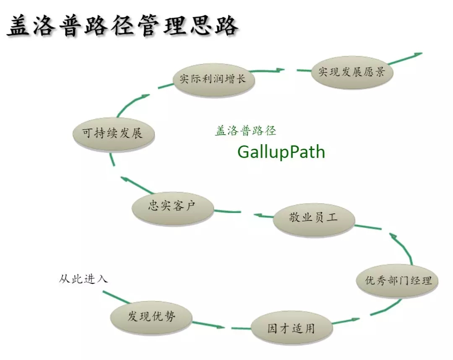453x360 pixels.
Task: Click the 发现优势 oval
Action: tap(151, 316)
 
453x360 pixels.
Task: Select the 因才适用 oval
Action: tap(291, 328)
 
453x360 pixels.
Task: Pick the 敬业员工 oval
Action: tap(314, 218)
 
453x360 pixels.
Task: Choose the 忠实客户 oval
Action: tap(172, 206)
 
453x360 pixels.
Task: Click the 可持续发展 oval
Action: tap(112, 133)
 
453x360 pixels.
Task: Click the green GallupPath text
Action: tap(281, 152)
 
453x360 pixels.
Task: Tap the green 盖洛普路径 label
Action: tap(245, 131)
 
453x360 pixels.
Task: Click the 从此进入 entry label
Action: tap(83, 279)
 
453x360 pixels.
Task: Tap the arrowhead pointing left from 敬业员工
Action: tap(258, 215)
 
